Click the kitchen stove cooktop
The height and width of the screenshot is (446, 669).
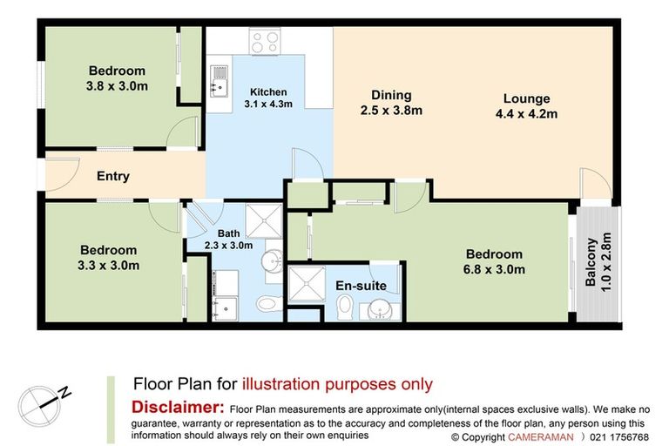266,41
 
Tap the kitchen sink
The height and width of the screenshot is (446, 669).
219,82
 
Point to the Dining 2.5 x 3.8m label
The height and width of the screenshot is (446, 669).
391,103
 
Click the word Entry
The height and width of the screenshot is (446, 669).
113,176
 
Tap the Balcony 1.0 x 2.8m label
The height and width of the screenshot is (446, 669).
598,261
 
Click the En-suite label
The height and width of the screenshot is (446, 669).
361,286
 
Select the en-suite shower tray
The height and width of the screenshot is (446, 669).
307,284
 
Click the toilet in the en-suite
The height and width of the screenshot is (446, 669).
345,307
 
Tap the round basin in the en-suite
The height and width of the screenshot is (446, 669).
379,309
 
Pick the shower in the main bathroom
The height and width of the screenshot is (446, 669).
264,220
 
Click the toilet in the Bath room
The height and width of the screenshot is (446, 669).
269,304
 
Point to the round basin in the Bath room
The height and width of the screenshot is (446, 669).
272,260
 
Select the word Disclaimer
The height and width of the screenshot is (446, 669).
178,407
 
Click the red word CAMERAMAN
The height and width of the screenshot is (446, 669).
541,437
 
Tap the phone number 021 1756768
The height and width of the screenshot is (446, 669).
619,437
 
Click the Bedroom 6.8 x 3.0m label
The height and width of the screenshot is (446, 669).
494,261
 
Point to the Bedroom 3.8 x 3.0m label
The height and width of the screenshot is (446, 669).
117,78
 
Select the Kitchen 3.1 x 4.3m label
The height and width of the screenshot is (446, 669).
268,98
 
